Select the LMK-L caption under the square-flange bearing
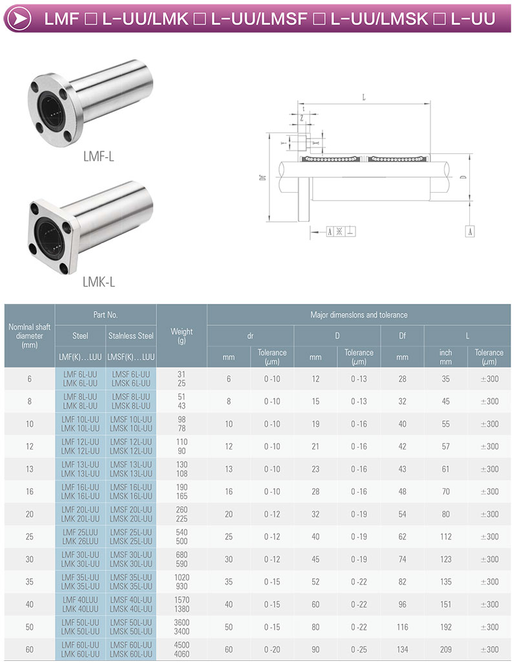tap(99, 281)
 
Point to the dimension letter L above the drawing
tap(364, 98)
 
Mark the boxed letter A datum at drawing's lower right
tap(470, 231)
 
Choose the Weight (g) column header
tap(182, 336)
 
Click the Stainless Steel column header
tap(131, 336)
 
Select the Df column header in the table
tap(402, 336)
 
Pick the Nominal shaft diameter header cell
tap(30, 336)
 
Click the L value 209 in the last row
tap(446, 649)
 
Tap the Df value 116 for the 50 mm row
tap(403, 627)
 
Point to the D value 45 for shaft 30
tap(315, 559)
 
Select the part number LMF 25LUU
tap(80, 532)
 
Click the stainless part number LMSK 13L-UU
tap(131, 473)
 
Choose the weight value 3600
tap(182, 623)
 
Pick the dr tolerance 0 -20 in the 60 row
tap(272, 649)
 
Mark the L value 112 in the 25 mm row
tap(446, 537)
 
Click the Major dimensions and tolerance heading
tap(360, 315)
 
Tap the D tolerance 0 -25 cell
tap(359, 649)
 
